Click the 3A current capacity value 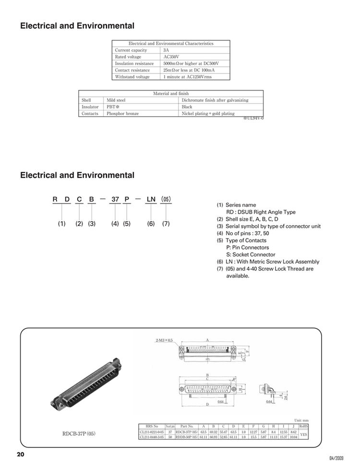pyautogui.click(x=166, y=50)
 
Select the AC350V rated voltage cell pyautogui.click(x=171, y=57)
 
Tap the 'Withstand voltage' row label pyautogui.click(x=132, y=77)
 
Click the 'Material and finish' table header pyautogui.click(x=170, y=94)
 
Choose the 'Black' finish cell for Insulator pyautogui.click(x=187, y=107)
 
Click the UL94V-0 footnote pyautogui.click(x=253, y=118)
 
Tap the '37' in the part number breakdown pyautogui.click(x=115, y=199)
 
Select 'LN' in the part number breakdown pyautogui.click(x=151, y=199)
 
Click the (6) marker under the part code pyautogui.click(x=151, y=224)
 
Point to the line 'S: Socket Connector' pyautogui.click(x=251, y=254)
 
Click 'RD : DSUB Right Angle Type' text pyautogui.click(x=261, y=212)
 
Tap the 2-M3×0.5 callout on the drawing pyautogui.click(x=164, y=340)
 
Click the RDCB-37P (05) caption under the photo pyautogui.click(x=79, y=434)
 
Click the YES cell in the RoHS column pyautogui.click(x=303, y=434)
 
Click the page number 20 pyautogui.click(x=20, y=454)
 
